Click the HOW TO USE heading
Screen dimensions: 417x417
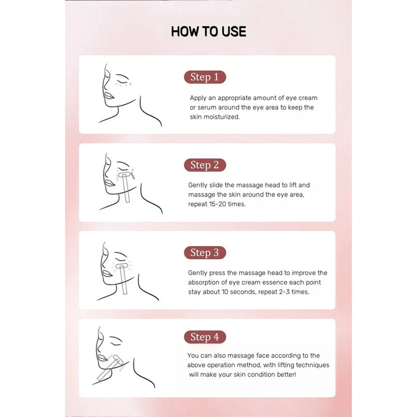coord(208,31)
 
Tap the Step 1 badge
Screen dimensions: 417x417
coord(205,77)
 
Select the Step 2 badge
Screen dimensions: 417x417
coord(205,165)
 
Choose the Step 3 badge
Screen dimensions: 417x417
coord(205,252)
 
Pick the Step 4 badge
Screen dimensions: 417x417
coord(205,337)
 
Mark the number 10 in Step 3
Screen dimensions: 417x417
coord(225,292)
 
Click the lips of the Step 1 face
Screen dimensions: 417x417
coord(108,96)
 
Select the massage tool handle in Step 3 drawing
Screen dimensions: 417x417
coord(123,281)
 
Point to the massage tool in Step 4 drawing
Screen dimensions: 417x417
coord(109,367)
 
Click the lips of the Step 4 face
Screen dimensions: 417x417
coord(102,358)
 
